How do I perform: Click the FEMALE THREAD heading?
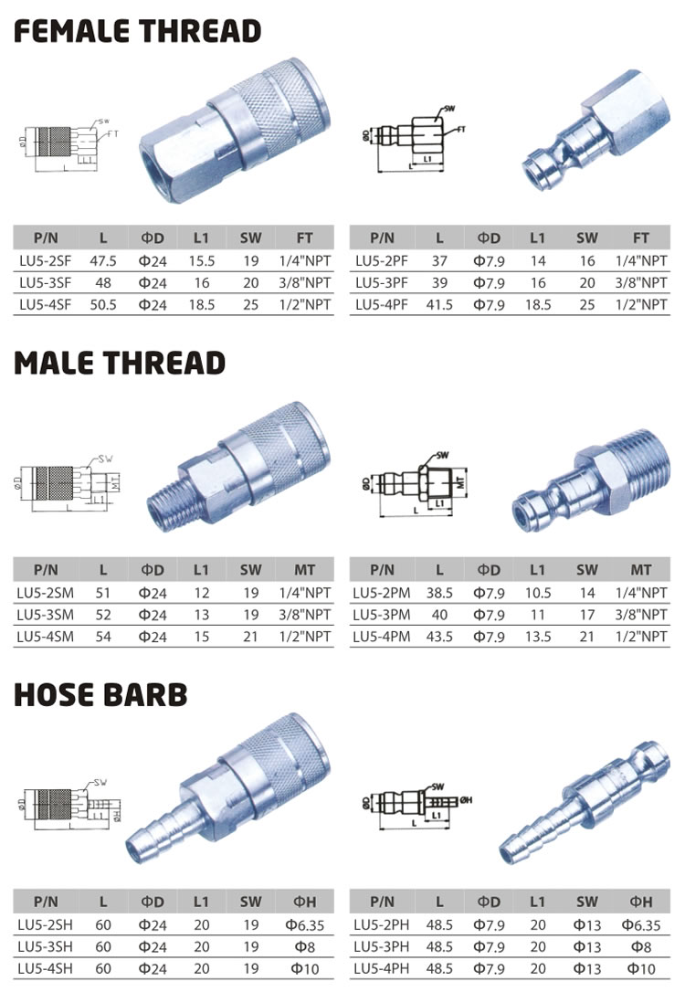pyautogui.click(x=137, y=32)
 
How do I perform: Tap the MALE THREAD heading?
pyautogui.click(x=120, y=363)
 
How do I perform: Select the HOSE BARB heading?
pyautogui.click(x=100, y=694)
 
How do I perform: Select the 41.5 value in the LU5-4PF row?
pyautogui.click(x=439, y=305)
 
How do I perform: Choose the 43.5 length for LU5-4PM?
pyautogui.click(x=439, y=636)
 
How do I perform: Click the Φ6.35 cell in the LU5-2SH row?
pyautogui.click(x=304, y=923)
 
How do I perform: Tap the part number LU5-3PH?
pyautogui.click(x=383, y=945)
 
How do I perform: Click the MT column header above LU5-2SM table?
pyautogui.click(x=304, y=569)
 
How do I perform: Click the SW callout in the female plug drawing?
pyautogui.click(x=448, y=109)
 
